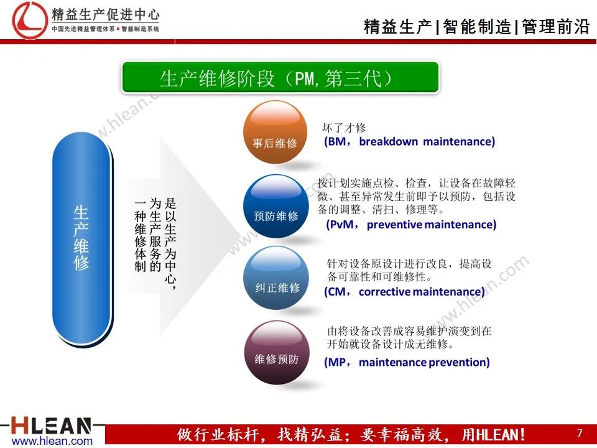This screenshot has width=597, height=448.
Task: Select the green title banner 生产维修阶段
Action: point(279,78)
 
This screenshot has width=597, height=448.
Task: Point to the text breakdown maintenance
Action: point(427,141)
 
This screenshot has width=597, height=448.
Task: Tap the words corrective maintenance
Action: point(422,291)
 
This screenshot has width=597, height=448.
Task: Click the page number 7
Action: point(580,433)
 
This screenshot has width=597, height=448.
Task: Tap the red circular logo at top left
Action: point(29,20)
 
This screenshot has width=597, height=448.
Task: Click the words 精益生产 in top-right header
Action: point(398,27)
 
